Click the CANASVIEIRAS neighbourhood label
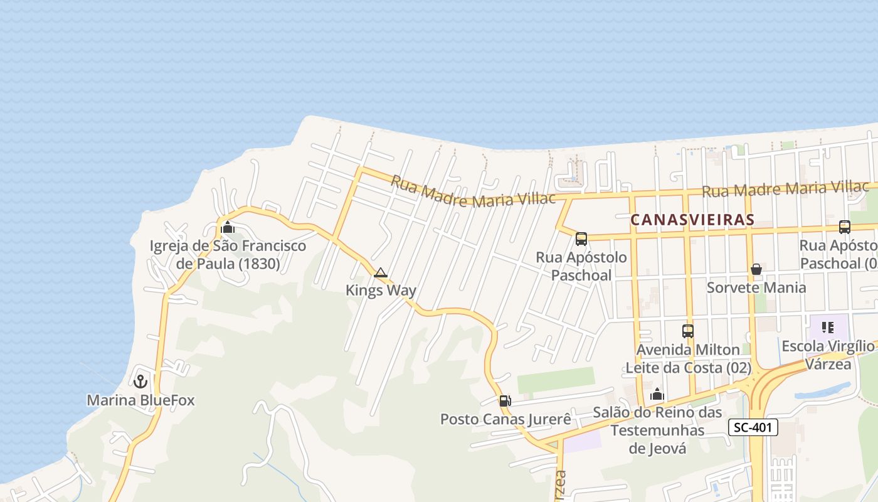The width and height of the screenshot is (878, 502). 692,220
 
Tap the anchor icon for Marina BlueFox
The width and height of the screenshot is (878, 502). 140,381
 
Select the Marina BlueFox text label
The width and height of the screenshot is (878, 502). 140,400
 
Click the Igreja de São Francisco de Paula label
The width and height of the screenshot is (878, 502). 228,254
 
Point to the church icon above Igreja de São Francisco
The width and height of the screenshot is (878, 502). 228,228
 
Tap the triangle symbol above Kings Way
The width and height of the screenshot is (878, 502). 380,273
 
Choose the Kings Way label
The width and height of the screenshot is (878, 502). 381,291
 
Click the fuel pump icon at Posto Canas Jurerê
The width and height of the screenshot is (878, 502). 505,400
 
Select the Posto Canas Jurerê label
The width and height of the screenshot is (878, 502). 505,419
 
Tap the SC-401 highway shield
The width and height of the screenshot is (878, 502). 753,428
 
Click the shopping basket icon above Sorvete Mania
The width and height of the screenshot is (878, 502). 756,269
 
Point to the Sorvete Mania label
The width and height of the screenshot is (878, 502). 756,287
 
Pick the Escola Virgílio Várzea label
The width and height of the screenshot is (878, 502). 828,355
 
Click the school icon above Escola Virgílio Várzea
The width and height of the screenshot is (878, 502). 828,327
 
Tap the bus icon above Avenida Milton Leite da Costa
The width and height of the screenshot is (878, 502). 688,331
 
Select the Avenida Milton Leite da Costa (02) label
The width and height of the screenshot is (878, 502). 688,358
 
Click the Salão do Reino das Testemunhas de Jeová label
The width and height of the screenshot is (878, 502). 657,430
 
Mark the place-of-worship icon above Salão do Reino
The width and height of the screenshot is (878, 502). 657,395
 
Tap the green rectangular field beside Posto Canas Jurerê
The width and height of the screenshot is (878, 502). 556,380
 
